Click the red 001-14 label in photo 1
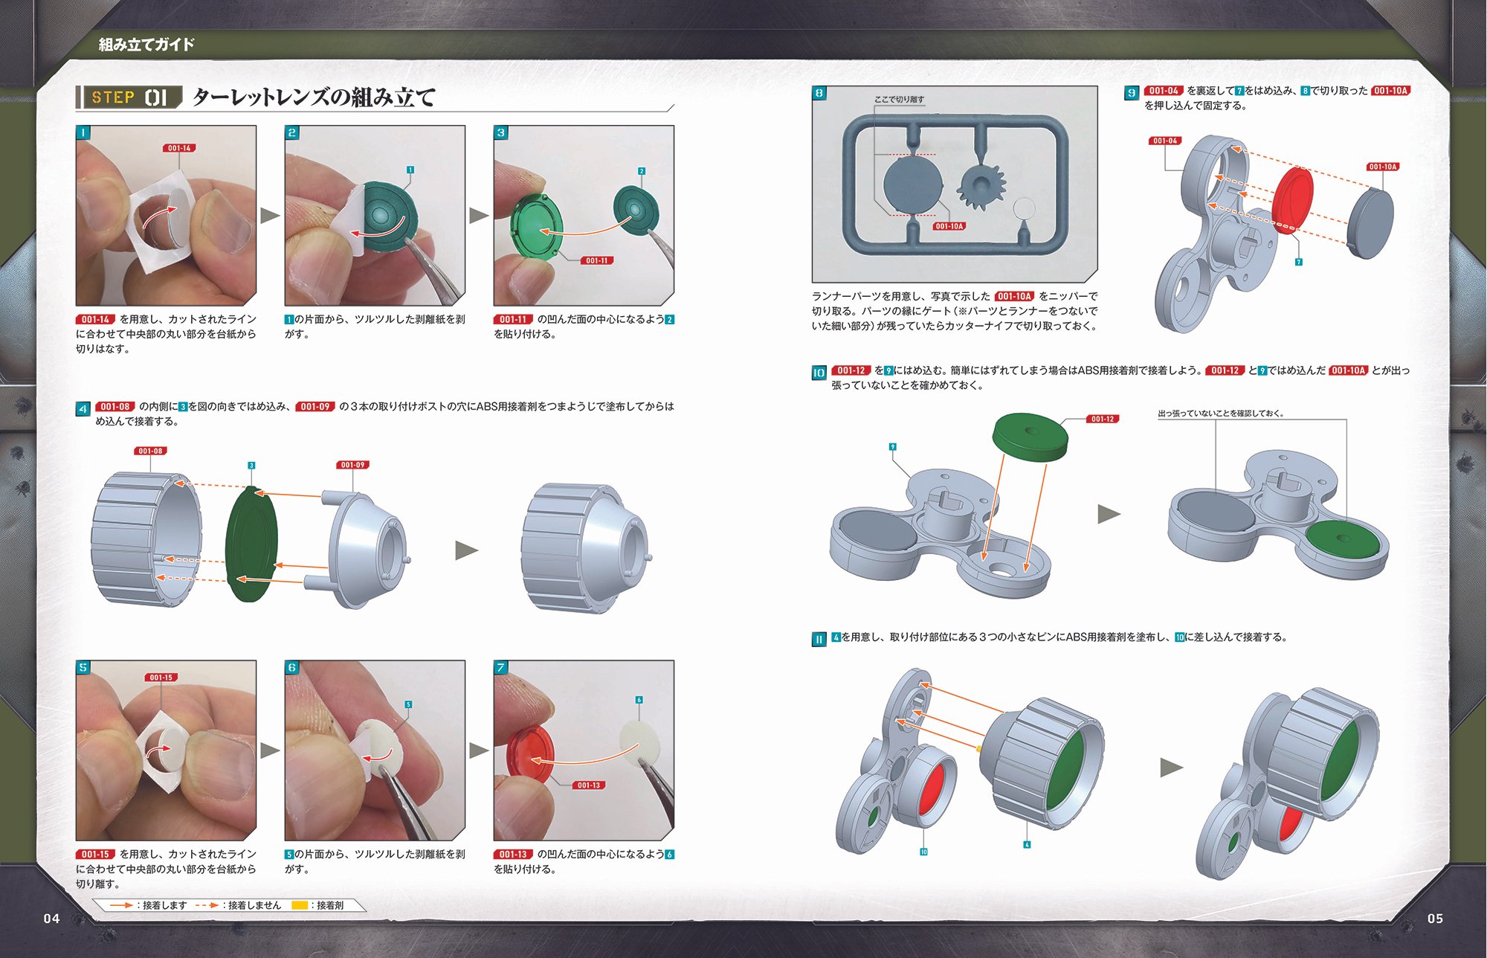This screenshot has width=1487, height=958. click(178, 148)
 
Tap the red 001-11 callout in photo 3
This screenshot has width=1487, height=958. click(596, 260)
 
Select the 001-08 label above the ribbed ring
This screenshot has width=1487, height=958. click(150, 451)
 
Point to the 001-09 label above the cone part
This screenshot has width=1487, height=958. click(352, 465)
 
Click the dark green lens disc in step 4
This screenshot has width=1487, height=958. click(251, 544)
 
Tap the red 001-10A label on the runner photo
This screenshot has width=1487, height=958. click(949, 226)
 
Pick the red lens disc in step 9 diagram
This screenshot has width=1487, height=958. click(1292, 199)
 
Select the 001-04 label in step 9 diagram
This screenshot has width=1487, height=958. click(1165, 141)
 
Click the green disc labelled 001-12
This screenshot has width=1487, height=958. click(1030, 438)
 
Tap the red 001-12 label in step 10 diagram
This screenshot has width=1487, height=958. click(1103, 419)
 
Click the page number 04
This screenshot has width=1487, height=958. click(51, 919)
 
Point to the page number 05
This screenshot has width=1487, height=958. click(1435, 919)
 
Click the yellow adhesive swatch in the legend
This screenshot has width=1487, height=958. click(299, 905)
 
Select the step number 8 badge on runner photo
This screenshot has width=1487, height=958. click(819, 93)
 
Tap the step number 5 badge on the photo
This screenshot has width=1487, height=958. click(83, 667)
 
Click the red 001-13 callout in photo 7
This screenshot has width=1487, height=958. click(588, 785)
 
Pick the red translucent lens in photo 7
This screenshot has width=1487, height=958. click(530, 754)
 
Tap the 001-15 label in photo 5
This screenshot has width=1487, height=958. click(161, 678)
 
